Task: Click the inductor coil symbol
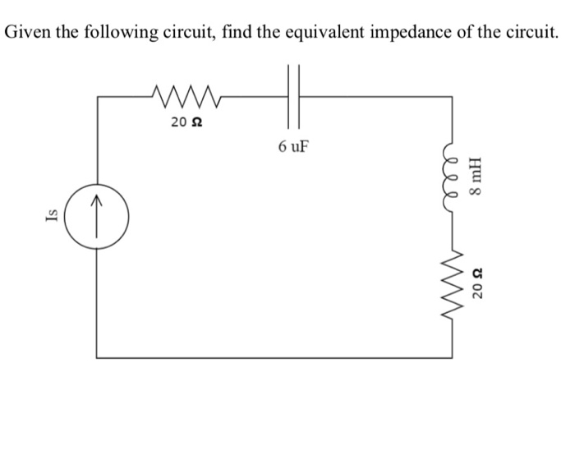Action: click(x=451, y=175)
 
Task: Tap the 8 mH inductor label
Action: click(x=476, y=175)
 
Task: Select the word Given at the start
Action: click(x=27, y=33)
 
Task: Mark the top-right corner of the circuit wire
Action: click(x=451, y=96)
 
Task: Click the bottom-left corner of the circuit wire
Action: click(x=97, y=357)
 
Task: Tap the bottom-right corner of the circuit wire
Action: click(x=451, y=357)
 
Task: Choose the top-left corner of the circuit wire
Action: click(x=97, y=96)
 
